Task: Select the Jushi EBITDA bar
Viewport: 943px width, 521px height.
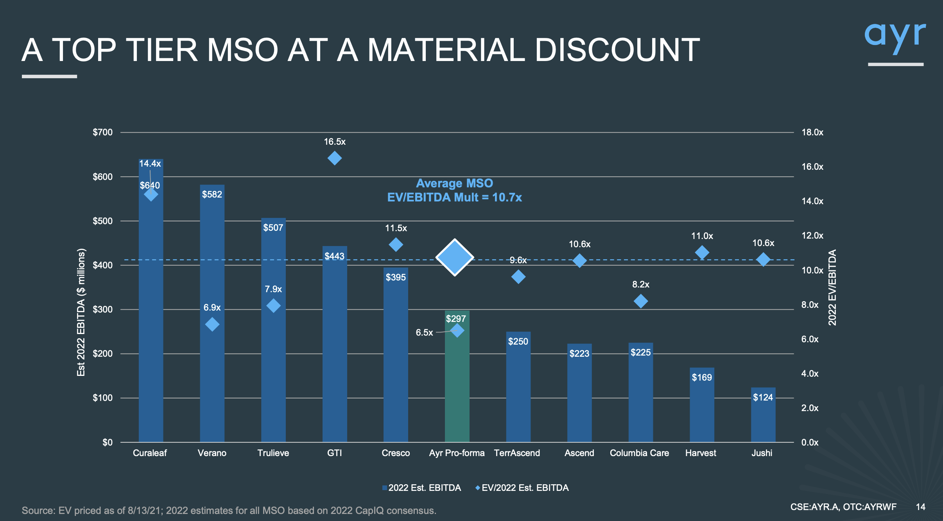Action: pyautogui.click(x=763, y=419)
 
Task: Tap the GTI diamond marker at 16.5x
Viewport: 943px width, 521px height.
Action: pyautogui.click(x=335, y=158)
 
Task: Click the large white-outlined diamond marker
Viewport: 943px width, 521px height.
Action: pyautogui.click(x=455, y=257)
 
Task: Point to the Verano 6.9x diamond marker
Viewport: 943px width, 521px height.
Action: pyautogui.click(x=212, y=324)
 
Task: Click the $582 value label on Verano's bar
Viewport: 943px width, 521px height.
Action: pyautogui.click(x=212, y=194)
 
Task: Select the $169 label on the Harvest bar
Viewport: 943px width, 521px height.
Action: pyautogui.click(x=702, y=377)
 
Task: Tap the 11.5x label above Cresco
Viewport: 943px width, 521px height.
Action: pyautogui.click(x=396, y=228)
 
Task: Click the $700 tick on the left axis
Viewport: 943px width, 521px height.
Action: pyautogui.click(x=102, y=132)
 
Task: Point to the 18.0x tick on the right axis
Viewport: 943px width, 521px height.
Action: pyautogui.click(x=812, y=132)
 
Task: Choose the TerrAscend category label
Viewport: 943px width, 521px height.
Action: pyautogui.click(x=517, y=453)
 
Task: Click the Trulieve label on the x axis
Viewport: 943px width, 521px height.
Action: pyautogui.click(x=273, y=453)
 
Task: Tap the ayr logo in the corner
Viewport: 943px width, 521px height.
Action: pyautogui.click(x=895, y=37)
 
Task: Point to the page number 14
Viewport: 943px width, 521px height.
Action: pyautogui.click(x=920, y=507)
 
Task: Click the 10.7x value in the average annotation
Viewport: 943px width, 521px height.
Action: pyautogui.click(x=507, y=198)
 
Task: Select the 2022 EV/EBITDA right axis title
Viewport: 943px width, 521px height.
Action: pyautogui.click(x=832, y=287)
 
